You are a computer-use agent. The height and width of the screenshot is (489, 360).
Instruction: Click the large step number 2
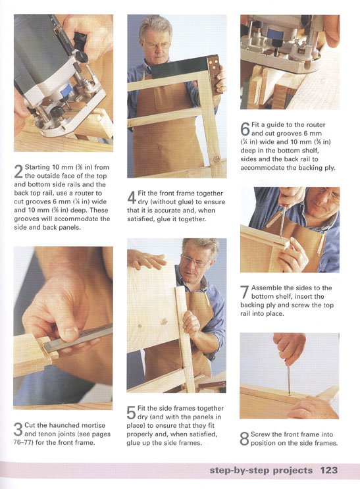click(18, 172)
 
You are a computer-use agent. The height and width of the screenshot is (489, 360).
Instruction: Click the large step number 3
click(18, 429)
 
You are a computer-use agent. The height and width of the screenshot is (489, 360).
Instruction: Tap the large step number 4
click(132, 197)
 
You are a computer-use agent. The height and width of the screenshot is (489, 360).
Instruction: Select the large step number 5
click(132, 413)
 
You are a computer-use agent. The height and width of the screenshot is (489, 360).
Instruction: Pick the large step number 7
click(245, 292)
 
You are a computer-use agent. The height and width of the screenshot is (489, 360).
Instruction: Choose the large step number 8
click(244, 438)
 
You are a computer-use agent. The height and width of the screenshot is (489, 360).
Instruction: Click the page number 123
click(329, 470)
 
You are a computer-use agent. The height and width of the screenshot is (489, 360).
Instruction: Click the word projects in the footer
click(293, 471)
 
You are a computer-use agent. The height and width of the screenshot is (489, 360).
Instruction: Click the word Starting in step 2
click(37, 167)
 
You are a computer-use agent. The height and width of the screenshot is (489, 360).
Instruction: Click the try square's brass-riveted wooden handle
click(215, 74)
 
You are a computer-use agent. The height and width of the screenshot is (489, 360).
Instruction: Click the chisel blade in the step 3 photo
click(78, 338)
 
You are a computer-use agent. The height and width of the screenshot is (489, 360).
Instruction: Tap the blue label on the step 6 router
click(275, 34)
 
